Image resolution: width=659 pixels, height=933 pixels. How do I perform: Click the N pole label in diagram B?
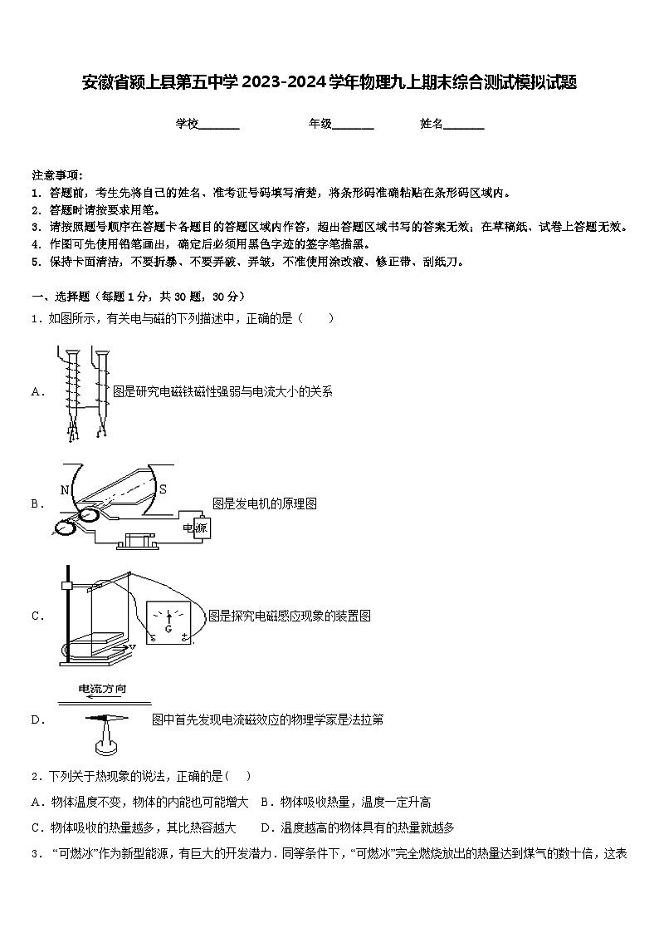coord(65,490)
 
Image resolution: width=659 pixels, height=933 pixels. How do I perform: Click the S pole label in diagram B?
coord(163,489)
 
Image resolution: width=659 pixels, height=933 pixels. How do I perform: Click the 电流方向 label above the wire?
coord(102,689)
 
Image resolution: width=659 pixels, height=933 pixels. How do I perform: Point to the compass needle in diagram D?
coord(106,718)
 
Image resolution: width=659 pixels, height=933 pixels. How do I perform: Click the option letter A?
coord(37,391)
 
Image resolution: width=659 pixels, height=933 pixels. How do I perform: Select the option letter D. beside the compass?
coord(37,719)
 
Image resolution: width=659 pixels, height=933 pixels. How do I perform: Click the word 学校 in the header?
coord(187,124)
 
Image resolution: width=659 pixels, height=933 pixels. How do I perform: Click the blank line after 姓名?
coord(464,125)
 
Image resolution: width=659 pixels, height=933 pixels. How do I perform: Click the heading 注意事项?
coord(56,175)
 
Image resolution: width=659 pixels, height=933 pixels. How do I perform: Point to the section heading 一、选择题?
coord(61,297)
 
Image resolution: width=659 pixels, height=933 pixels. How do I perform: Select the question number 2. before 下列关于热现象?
coord(36,777)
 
